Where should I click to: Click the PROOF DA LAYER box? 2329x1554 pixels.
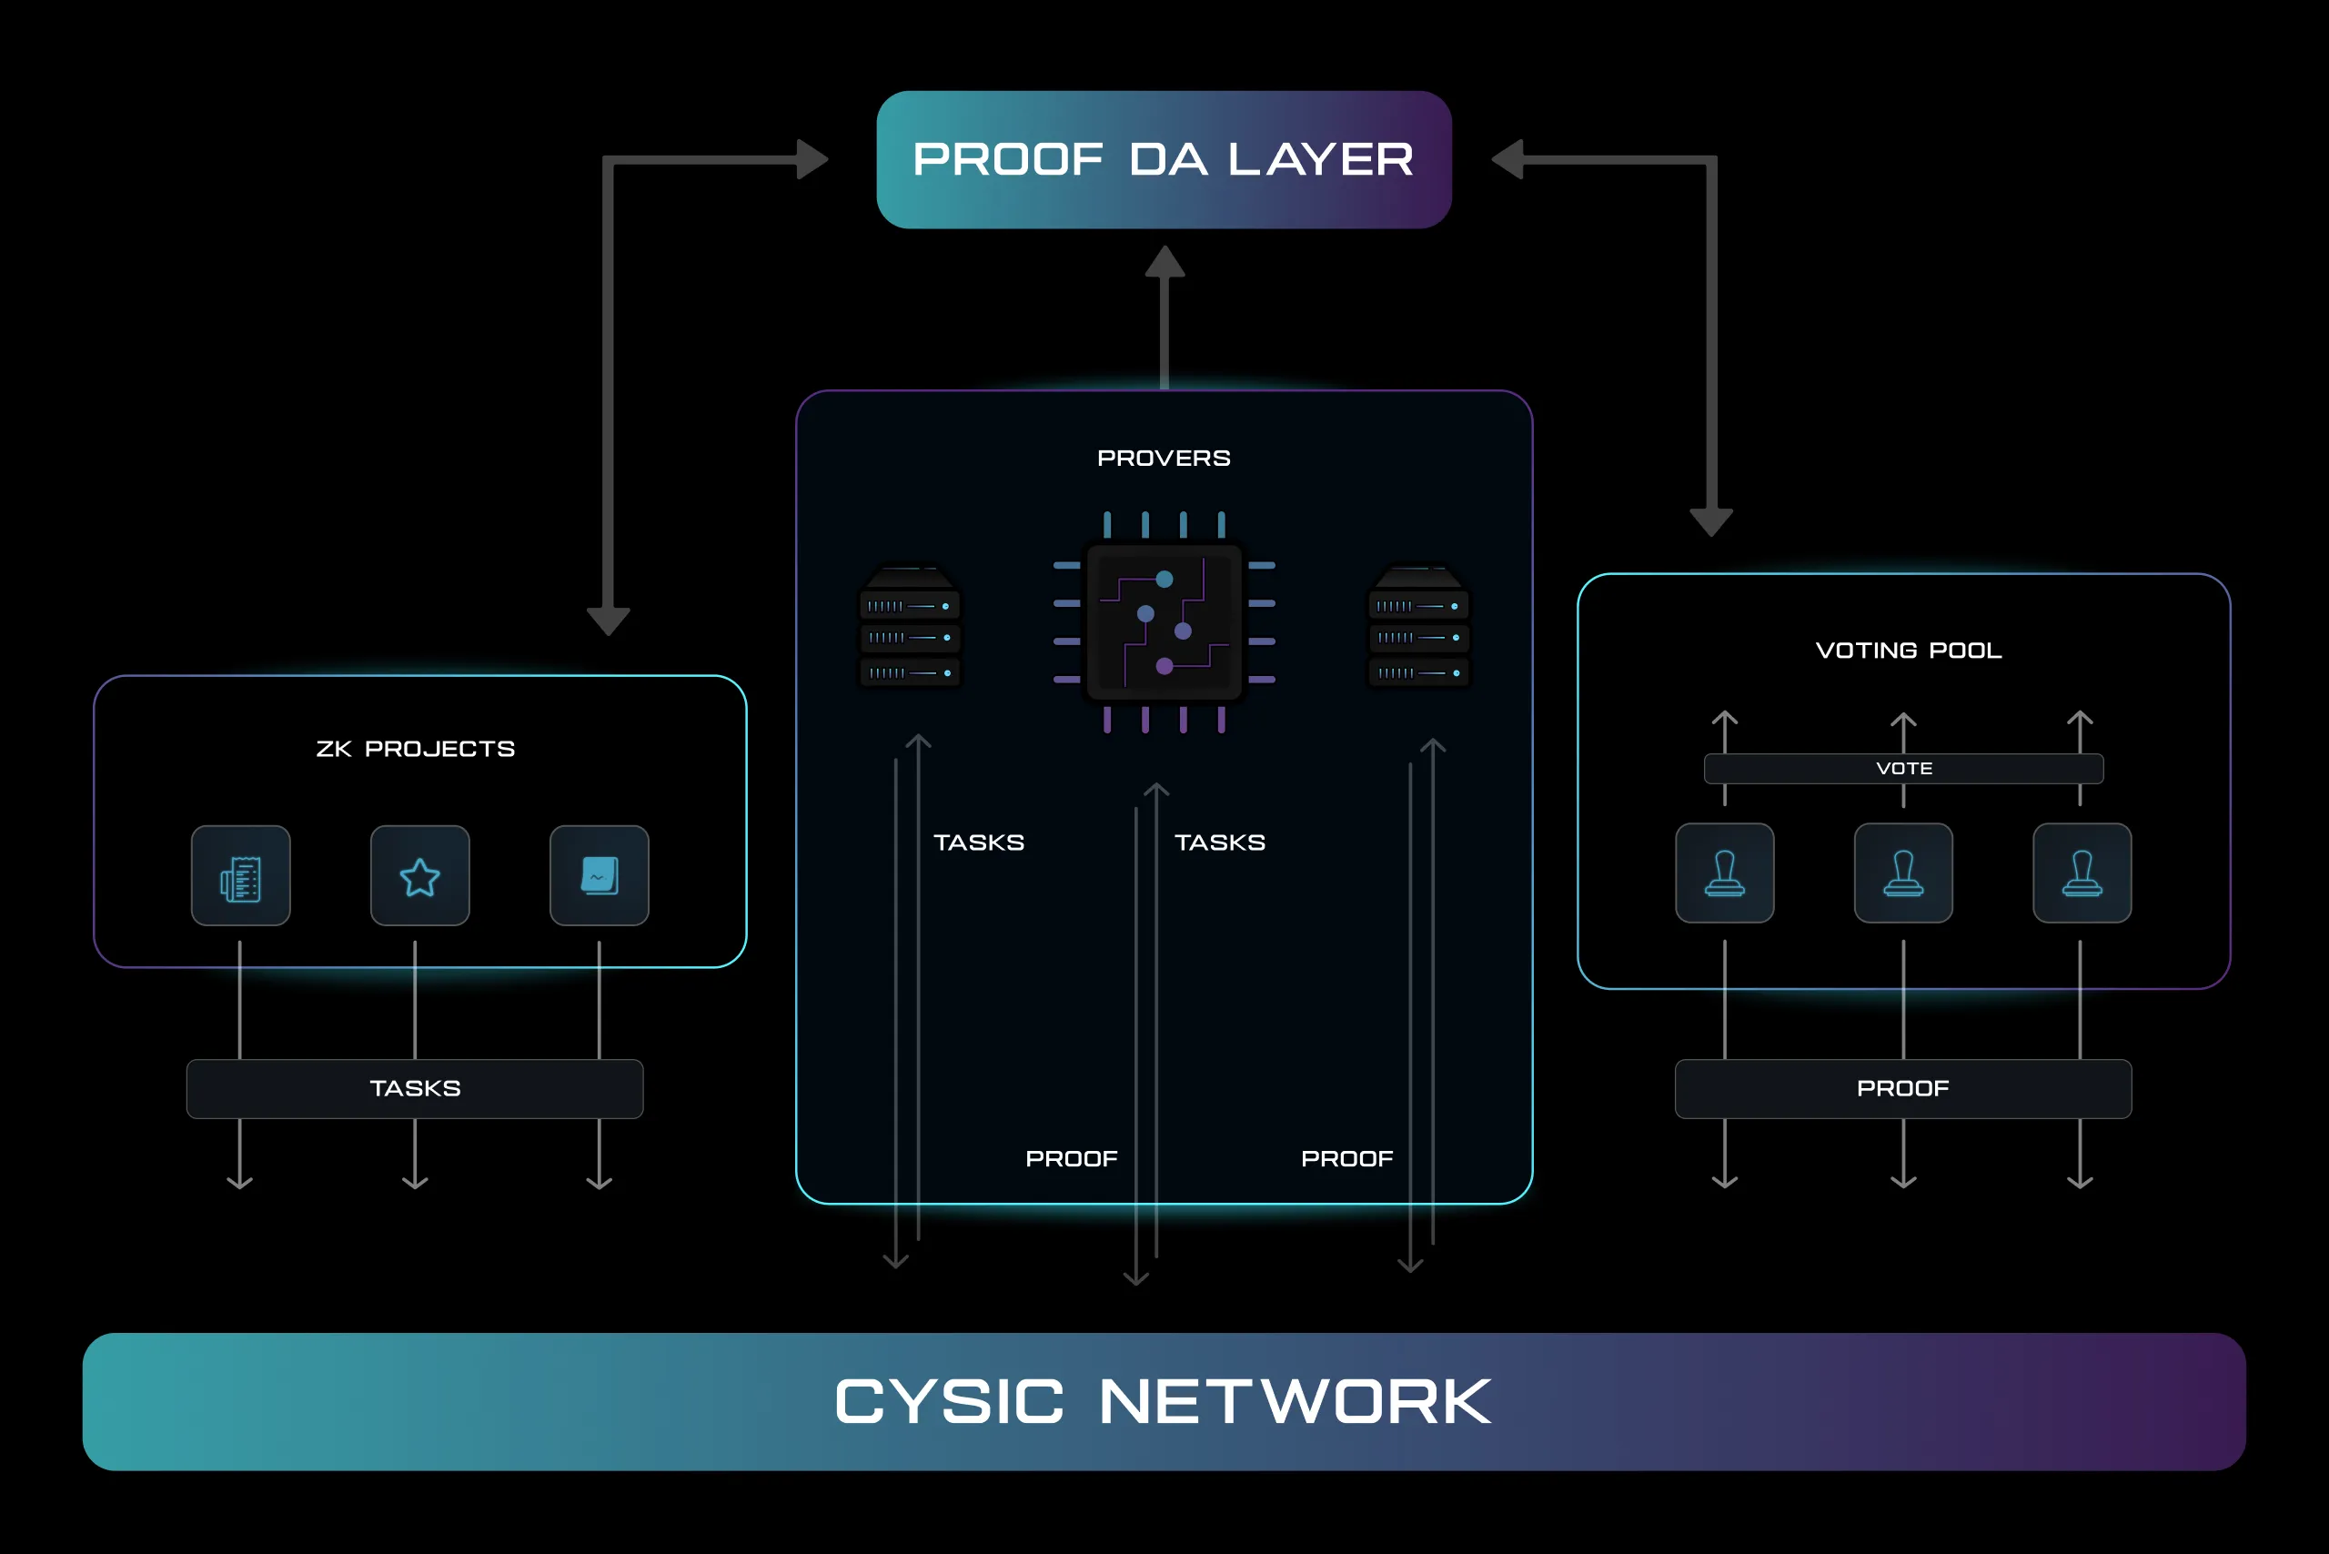pyautogui.click(x=1164, y=159)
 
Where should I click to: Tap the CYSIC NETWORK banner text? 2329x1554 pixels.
pyautogui.click(x=1164, y=1401)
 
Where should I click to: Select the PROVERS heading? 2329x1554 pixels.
pyautogui.click(x=1164, y=458)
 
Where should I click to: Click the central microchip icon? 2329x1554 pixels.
pyautogui.click(x=1164, y=622)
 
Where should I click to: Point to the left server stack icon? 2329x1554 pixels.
pyautogui.click(x=909, y=628)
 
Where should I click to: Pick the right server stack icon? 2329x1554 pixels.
pyautogui.click(x=1418, y=628)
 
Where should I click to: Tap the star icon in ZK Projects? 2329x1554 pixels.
pyautogui.click(x=419, y=876)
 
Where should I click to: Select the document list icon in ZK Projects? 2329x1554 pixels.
pyautogui.click(x=241, y=876)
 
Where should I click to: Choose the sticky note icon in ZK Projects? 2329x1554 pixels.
pyautogui.click(x=599, y=876)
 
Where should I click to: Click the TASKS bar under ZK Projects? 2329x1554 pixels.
pyautogui.click(x=414, y=1088)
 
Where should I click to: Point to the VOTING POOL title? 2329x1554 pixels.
pyautogui.click(x=1908, y=651)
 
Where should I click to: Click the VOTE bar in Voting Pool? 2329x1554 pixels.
pyautogui.click(x=1903, y=768)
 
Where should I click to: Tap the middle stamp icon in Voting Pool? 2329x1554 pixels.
pyautogui.click(x=1903, y=873)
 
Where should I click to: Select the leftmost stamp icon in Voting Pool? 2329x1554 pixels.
pyautogui.click(x=1724, y=873)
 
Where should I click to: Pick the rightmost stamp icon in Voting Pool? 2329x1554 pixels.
pyautogui.click(x=2082, y=873)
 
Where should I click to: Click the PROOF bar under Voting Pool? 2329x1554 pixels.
pyautogui.click(x=1903, y=1088)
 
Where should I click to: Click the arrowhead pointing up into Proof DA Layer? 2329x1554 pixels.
pyautogui.click(x=1164, y=262)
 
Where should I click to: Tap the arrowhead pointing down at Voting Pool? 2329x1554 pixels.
pyautogui.click(x=1710, y=521)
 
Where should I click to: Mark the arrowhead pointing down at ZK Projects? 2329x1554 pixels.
pyautogui.click(x=609, y=621)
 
